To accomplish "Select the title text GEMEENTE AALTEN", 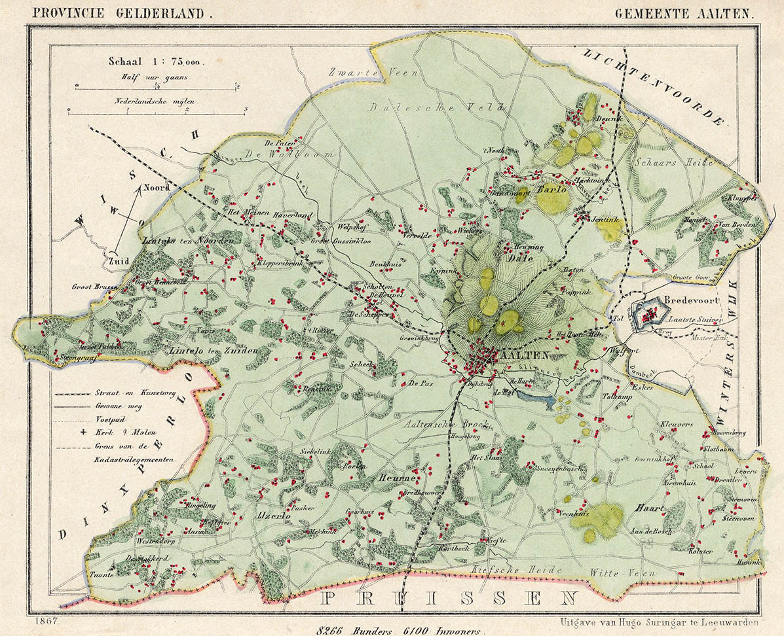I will pos(684,12).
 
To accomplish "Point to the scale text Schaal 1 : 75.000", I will pos(156,62).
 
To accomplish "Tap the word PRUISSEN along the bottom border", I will pos(452,597).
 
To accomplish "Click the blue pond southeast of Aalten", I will pos(536,395).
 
